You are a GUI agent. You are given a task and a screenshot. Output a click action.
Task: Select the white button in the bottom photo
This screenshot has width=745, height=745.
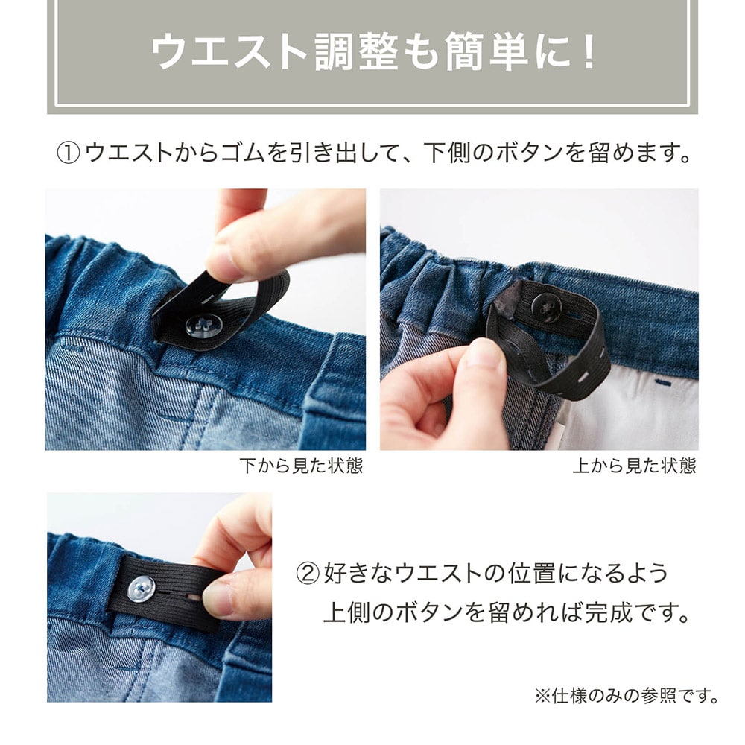(x=141, y=589)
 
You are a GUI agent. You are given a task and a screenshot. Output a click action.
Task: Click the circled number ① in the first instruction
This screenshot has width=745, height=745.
(x=68, y=153)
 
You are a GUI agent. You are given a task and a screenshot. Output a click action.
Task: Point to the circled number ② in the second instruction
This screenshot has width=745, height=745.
(x=308, y=574)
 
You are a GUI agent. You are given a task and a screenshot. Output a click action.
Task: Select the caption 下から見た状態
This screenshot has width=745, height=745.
(x=301, y=466)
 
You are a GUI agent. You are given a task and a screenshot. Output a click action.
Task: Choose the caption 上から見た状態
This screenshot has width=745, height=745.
(x=635, y=466)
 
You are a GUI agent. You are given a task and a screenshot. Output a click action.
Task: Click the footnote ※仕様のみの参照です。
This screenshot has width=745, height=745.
(x=627, y=696)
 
